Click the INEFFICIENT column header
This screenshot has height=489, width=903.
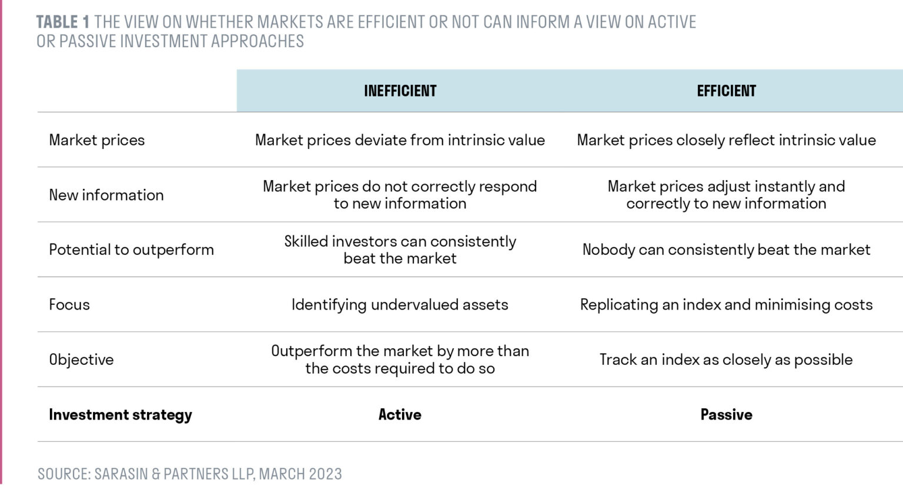point(400,91)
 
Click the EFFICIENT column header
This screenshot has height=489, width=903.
point(726,91)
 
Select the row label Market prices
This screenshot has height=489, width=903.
point(96,140)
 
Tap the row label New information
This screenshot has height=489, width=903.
point(106,195)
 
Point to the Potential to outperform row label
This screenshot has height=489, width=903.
point(131,250)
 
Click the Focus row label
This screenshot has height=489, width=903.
point(69,305)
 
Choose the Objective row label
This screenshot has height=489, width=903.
point(81,360)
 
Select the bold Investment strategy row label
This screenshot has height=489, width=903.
point(120,415)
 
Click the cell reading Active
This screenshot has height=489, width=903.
point(400,415)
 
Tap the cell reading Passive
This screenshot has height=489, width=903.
point(726,415)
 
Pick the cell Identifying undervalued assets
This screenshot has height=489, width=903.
point(400,305)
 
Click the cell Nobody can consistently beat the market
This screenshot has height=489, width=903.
point(726,250)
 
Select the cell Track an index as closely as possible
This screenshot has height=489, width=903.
point(726,360)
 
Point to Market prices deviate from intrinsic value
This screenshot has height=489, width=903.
point(400,140)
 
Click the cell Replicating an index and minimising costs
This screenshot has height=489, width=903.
point(726,305)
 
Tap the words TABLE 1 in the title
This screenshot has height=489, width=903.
point(62,22)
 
